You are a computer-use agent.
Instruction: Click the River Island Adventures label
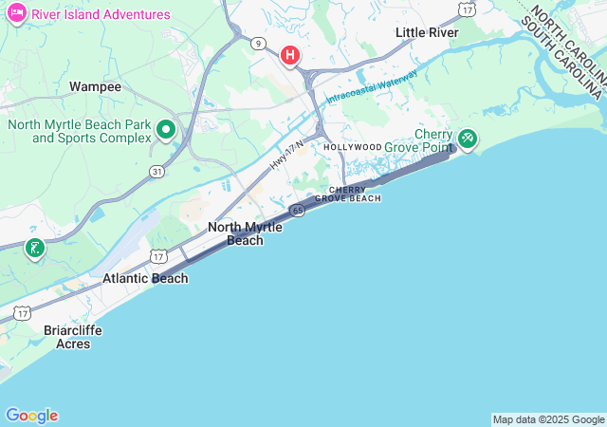(101, 14)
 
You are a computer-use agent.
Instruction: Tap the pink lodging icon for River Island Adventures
(16, 14)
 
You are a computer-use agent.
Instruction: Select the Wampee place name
(95, 86)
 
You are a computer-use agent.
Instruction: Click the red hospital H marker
(290, 55)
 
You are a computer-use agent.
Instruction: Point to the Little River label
(427, 32)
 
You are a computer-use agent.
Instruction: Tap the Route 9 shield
(258, 43)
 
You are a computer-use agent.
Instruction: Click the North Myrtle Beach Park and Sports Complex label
(80, 131)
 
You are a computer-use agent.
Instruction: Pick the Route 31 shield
(156, 172)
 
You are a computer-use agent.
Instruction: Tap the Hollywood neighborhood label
(352, 147)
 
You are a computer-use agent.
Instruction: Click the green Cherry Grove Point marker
(468, 138)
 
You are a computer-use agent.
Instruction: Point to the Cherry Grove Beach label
(354, 194)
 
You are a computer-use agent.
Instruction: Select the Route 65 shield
(297, 209)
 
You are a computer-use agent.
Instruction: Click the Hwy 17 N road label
(285, 155)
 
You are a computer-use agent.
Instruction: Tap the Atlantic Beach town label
(145, 278)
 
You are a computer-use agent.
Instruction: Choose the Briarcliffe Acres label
(73, 336)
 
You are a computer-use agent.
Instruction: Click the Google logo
(31, 416)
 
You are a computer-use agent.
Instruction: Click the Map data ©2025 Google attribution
(548, 419)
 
